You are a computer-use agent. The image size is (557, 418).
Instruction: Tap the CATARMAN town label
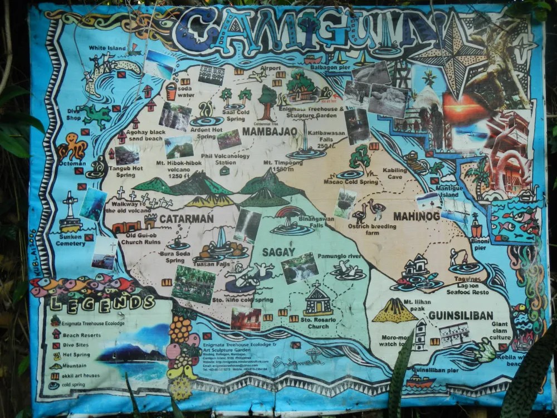pos(186,218)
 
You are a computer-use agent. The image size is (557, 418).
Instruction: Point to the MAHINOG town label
pos(417,216)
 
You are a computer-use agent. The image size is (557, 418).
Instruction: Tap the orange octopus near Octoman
pos(72,147)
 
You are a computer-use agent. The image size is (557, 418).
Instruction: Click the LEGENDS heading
pos(102,303)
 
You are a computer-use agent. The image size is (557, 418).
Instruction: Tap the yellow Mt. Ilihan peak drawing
pos(395,310)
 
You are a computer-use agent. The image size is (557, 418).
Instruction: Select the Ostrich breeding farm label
pos(372,229)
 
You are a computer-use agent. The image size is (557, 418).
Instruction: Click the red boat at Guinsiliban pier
pos(420,382)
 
